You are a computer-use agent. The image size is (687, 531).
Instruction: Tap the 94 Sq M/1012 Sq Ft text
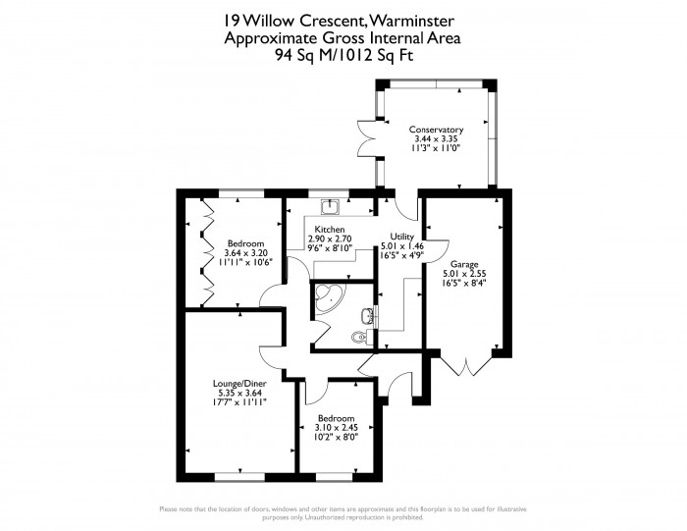[x=343, y=56]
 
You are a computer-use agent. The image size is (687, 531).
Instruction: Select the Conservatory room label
[x=436, y=130]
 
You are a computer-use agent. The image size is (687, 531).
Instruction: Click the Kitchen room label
[x=330, y=229]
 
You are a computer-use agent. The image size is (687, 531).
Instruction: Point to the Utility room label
[x=401, y=237]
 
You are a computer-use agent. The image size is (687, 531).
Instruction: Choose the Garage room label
[x=464, y=265]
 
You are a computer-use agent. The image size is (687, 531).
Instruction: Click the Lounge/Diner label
[x=239, y=384]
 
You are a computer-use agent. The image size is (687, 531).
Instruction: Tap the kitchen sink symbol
[x=330, y=207]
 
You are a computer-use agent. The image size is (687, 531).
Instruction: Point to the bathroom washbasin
[x=368, y=315]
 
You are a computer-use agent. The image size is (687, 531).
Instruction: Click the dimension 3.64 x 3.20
[x=245, y=253]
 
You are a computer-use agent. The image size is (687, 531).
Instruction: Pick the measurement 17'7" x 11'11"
[x=239, y=401]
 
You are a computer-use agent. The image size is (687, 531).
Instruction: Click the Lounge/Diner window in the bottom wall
[x=240, y=477]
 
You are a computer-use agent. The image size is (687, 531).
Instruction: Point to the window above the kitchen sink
[x=329, y=193]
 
